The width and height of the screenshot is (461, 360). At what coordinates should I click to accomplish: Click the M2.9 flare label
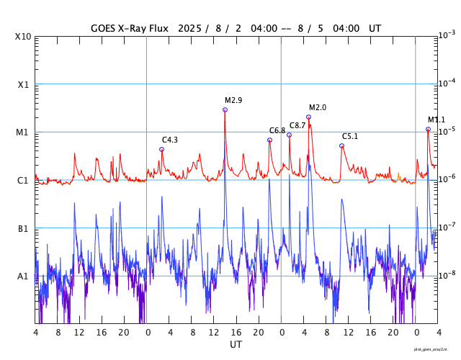(x=233, y=100)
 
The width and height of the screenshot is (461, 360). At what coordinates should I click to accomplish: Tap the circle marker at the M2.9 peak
(x=225, y=109)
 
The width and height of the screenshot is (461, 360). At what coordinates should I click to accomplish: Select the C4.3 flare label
(x=170, y=140)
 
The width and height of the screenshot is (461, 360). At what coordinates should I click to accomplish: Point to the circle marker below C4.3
(x=161, y=149)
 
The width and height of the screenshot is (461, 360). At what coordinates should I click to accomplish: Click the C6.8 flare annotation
(x=277, y=130)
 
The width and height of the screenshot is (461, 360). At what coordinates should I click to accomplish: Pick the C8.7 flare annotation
(x=297, y=125)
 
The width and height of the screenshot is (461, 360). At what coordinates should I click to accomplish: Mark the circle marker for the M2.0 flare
(x=308, y=117)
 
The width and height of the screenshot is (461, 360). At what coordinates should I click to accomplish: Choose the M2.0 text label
(x=318, y=107)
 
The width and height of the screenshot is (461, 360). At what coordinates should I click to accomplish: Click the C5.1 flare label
(x=350, y=136)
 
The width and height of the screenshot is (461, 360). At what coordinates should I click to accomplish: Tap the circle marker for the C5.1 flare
(x=341, y=145)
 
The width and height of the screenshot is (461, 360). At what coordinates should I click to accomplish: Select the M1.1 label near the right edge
(x=437, y=120)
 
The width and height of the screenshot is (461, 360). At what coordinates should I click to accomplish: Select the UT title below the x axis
(x=236, y=345)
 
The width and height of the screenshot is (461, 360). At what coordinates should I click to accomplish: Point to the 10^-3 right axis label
(x=446, y=35)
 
